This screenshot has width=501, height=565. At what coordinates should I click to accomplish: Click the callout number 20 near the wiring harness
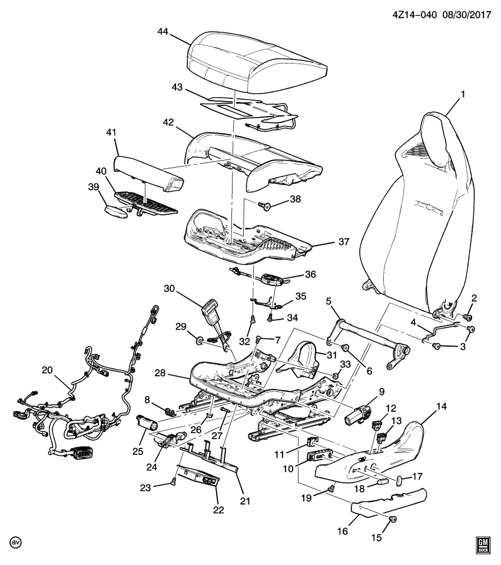(x=47, y=370)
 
